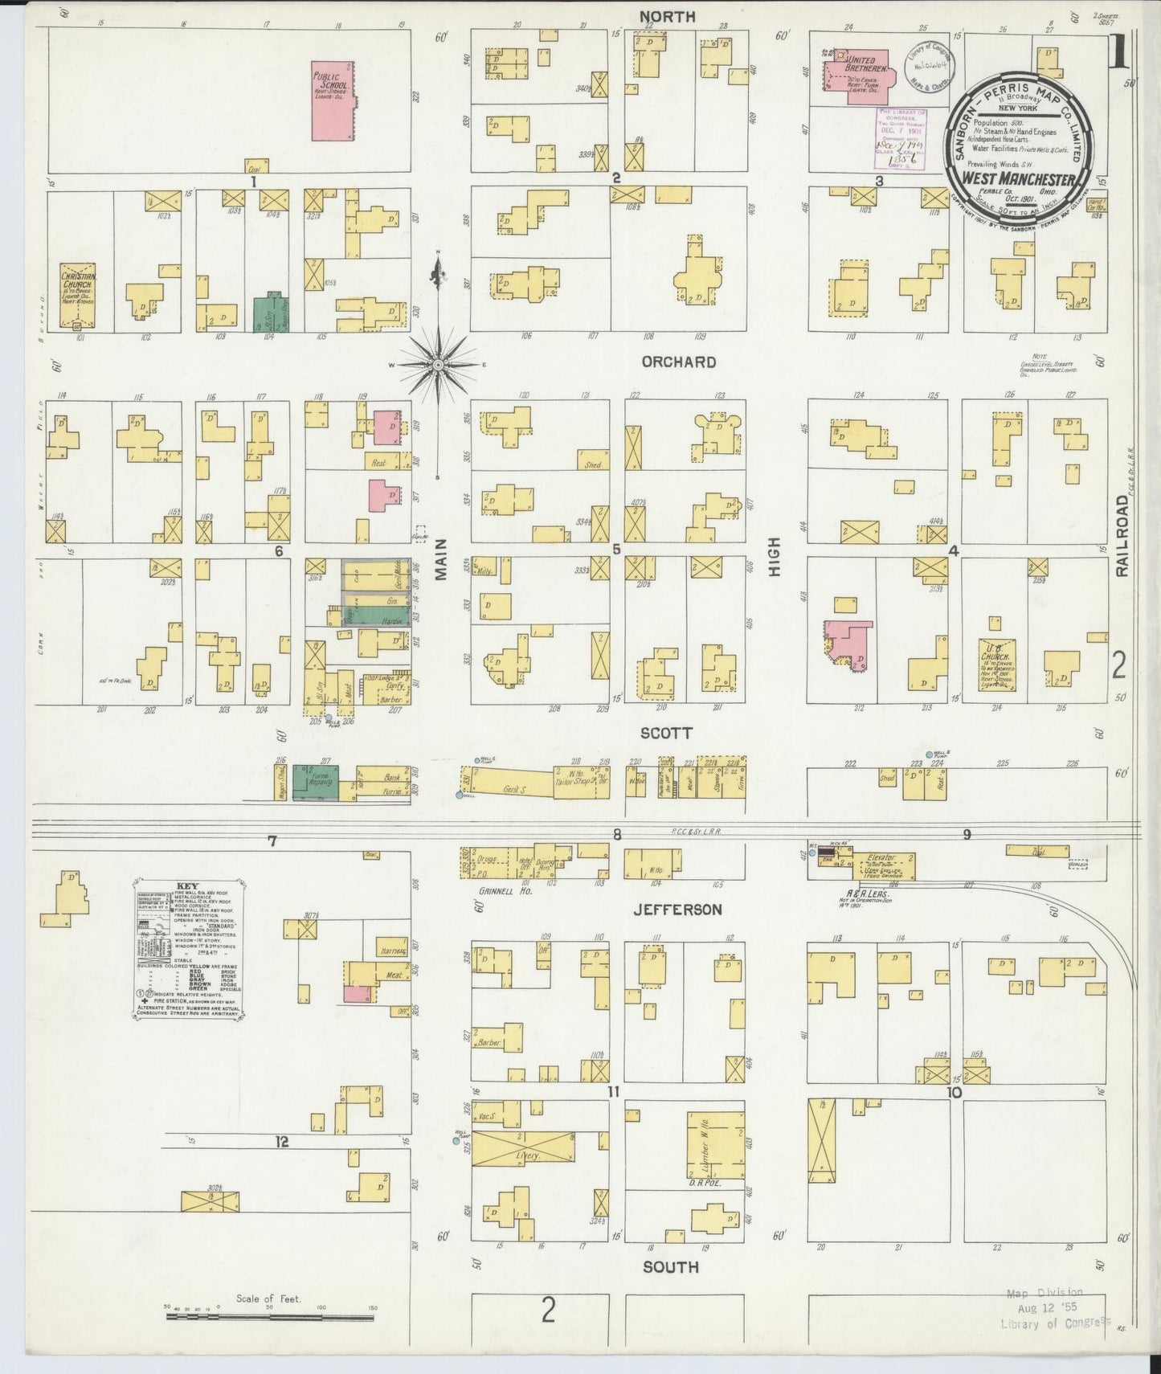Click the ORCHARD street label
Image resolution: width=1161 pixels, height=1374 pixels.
pos(678,362)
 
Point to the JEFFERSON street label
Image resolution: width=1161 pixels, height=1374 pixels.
pos(677,910)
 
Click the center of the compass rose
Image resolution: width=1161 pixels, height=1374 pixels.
pos(438,366)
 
